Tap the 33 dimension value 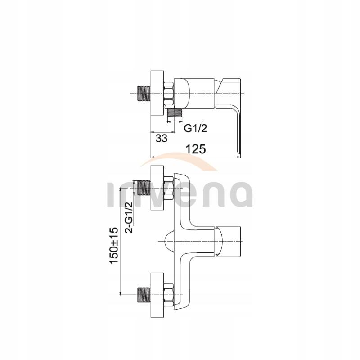coord(162,139)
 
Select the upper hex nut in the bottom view coord(169,188)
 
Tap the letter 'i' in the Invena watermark coord(111,196)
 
